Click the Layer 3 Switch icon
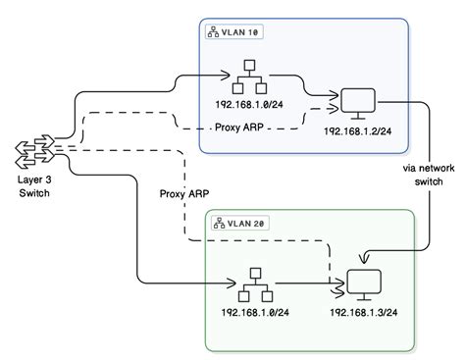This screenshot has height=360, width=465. pos(34,150)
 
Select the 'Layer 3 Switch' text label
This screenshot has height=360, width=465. pos(32,185)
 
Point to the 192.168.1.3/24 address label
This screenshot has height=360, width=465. pos(362,313)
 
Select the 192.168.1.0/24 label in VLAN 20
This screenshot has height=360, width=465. pos(252,313)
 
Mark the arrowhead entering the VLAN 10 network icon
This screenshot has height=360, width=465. pos(232,77)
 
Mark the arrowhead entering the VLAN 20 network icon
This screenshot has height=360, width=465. pos(233,287)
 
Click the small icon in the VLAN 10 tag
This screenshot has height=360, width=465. pos(213,33)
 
